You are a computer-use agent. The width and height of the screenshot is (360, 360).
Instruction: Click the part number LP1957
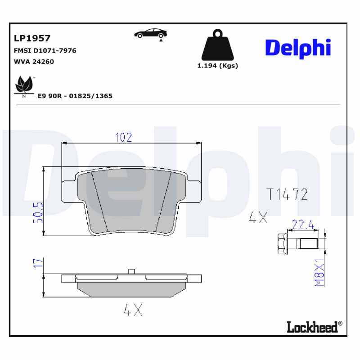[x=32, y=39]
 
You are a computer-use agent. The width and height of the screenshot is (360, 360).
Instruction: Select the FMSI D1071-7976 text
[x=45, y=50]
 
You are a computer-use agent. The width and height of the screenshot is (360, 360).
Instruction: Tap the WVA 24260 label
[x=34, y=62]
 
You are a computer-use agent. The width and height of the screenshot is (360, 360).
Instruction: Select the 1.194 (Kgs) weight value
[x=218, y=66]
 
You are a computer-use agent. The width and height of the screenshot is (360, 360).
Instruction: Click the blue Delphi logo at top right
[x=298, y=48]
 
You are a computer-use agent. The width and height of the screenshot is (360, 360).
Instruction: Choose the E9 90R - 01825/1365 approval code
[x=75, y=96]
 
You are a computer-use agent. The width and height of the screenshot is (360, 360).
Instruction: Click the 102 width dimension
[x=124, y=137]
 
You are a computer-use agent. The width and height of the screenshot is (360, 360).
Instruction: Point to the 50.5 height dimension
[x=38, y=213]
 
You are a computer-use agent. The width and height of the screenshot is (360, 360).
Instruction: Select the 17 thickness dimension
[x=38, y=264]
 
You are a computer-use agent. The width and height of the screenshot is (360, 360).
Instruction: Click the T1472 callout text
[x=287, y=194]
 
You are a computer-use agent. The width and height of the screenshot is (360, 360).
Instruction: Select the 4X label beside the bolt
[x=258, y=219]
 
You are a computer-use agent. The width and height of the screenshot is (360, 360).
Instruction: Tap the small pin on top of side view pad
[x=131, y=271]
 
